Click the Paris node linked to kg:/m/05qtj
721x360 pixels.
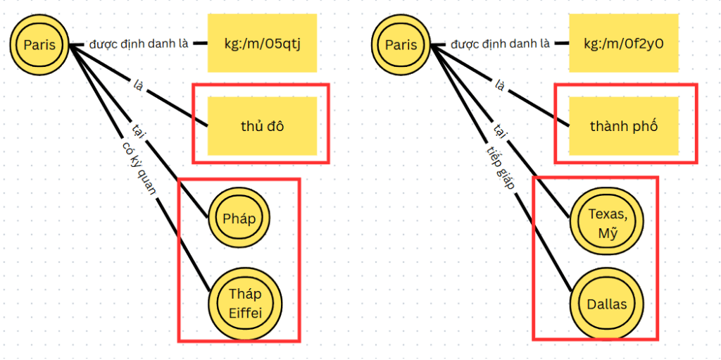click(x=40, y=46)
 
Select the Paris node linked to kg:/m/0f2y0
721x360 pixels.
click(x=401, y=46)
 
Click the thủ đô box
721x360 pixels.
click(x=262, y=126)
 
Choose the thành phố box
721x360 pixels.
click(x=623, y=126)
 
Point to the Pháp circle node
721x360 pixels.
click(x=239, y=218)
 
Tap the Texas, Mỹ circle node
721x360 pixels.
click(x=606, y=222)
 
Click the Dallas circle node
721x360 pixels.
click(x=606, y=304)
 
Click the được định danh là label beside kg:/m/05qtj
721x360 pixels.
click(x=139, y=44)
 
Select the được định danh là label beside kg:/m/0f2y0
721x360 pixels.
click(x=501, y=44)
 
